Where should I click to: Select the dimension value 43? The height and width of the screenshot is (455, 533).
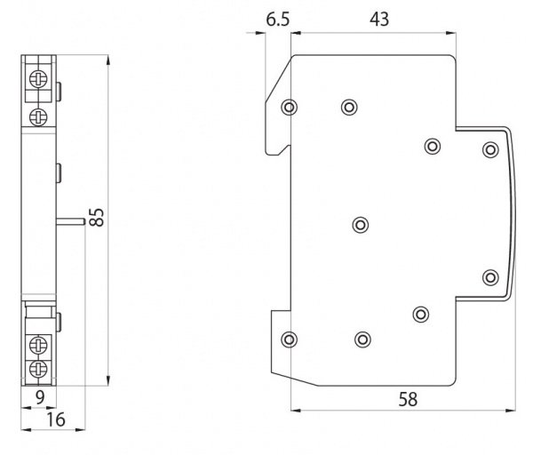[x=379, y=19]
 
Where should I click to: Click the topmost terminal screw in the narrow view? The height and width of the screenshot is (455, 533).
[x=38, y=77]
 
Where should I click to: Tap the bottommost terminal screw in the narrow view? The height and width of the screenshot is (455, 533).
[x=38, y=367]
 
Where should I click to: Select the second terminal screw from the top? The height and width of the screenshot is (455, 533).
[x=38, y=116]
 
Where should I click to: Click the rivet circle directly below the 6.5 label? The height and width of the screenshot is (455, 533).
[x=288, y=108]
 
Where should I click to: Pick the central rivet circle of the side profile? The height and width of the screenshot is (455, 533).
[x=360, y=224]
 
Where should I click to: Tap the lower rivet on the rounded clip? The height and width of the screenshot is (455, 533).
[x=489, y=278]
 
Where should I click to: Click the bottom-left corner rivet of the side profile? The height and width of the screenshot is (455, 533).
[x=288, y=339]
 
